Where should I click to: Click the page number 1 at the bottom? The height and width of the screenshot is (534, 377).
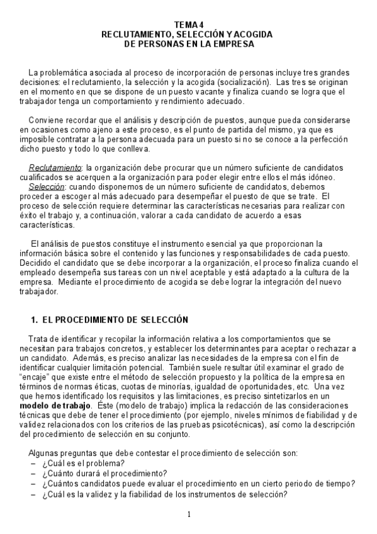pyautogui.click(x=189, y=514)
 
